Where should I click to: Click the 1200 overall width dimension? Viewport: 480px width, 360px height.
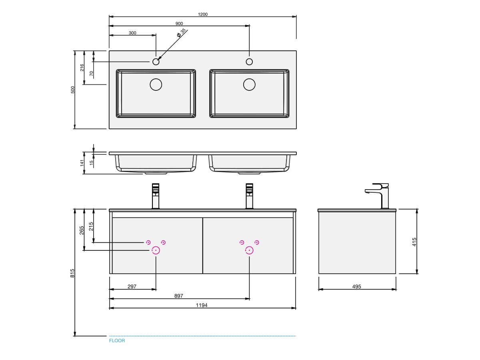[x=202, y=14]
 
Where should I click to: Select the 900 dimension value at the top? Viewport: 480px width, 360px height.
[x=179, y=24]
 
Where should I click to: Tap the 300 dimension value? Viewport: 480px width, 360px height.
[x=132, y=33]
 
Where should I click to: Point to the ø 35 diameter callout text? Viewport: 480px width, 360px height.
[x=181, y=33]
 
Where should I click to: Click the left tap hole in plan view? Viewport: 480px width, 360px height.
[x=156, y=62]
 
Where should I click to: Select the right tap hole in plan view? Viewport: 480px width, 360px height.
[x=249, y=62]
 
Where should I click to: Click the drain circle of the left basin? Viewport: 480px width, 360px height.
[x=156, y=84]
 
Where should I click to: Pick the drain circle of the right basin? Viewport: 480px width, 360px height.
[x=249, y=84]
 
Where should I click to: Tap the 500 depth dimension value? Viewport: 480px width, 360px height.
[x=73, y=90]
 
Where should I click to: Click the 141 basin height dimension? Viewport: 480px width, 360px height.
[x=82, y=163]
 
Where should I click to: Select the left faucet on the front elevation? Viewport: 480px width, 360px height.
[x=156, y=196]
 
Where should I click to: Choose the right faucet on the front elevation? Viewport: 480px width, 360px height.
[x=249, y=196]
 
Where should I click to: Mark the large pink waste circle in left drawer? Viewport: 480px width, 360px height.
[x=156, y=250]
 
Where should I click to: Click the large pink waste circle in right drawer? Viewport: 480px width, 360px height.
[x=249, y=250]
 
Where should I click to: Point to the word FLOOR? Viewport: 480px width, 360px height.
[x=117, y=341]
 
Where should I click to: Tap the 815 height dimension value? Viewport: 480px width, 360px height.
[x=72, y=273]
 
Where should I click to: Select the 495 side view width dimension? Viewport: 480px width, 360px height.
[x=357, y=286]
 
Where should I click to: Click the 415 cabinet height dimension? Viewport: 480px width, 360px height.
[x=415, y=242]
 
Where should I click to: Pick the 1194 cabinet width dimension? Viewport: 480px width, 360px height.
[x=202, y=305]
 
